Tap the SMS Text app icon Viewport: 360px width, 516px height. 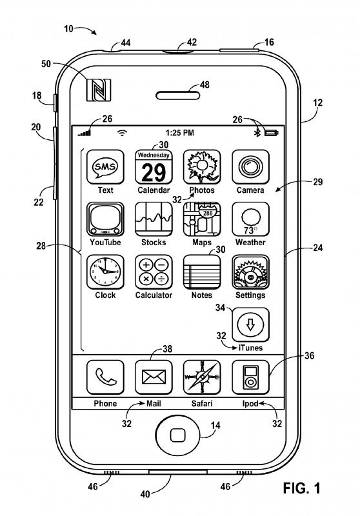pyautogui.click(x=105, y=168)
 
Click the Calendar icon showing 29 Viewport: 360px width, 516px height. pyautogui.click(x=153, y=168)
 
